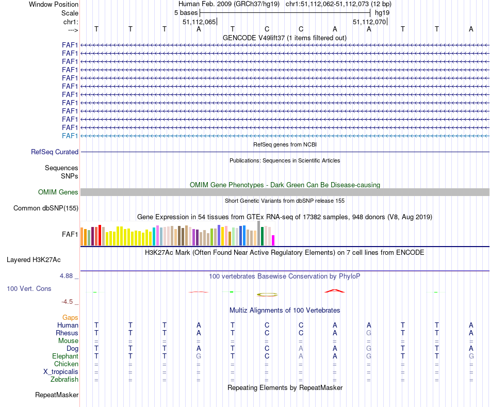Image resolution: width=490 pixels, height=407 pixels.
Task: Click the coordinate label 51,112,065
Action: (199, 22)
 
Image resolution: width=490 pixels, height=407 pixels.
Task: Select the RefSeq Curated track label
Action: (54, 152)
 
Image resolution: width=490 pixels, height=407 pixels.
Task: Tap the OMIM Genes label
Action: (58, 192)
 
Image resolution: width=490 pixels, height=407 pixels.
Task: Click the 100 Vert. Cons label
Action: (29, 289)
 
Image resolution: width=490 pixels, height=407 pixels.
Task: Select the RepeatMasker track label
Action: (57, 395)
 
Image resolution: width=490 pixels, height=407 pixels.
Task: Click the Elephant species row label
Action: (65, 356)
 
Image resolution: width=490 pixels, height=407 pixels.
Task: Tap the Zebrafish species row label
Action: (64, 380)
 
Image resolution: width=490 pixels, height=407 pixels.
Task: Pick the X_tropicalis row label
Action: (61, 372)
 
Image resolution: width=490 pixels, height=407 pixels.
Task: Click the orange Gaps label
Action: (71, 318)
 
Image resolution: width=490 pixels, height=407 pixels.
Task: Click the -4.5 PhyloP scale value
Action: (69, 302)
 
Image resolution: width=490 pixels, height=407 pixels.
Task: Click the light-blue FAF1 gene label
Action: (70, 136)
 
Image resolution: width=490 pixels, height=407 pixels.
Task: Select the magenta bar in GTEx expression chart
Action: (273, 240)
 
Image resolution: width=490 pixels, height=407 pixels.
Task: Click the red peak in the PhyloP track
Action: (334, 291)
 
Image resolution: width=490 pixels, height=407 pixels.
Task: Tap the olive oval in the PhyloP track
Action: (267, 295)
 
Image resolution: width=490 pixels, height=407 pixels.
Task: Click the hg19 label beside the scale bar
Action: (382, 12)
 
